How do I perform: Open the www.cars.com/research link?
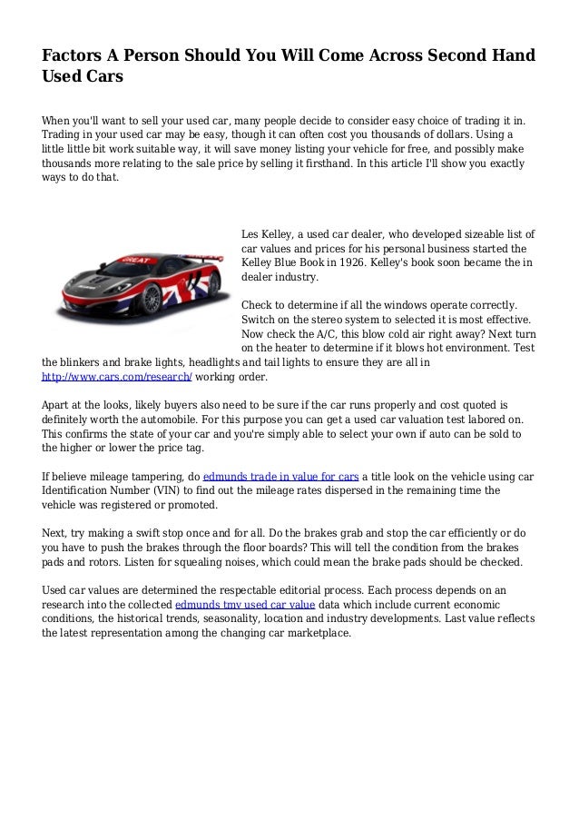(116, 376)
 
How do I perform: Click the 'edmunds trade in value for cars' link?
(281, 475)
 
